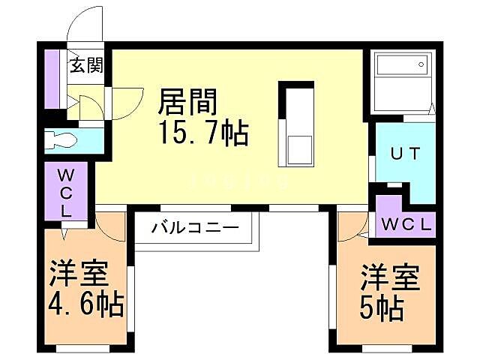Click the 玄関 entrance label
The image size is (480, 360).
87,65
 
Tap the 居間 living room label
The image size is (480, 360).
188,100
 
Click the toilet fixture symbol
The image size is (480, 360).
61,140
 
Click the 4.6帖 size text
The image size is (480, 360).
87,305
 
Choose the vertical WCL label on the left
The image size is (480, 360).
66,193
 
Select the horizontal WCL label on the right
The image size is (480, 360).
406,223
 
